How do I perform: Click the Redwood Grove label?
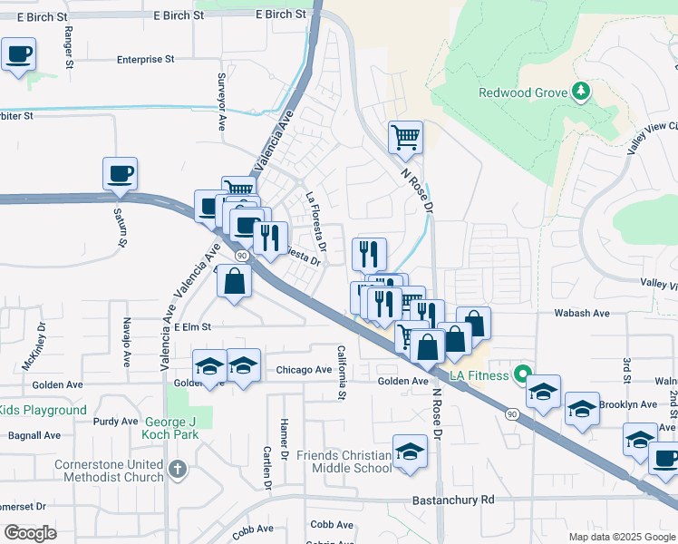522,92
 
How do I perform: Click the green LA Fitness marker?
522,373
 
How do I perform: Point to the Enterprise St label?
145,59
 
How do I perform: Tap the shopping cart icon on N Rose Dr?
405,138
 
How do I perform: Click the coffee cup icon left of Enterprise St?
19,54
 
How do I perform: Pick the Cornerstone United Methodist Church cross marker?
178,470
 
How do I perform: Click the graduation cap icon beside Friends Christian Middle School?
410,451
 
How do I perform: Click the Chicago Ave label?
304,370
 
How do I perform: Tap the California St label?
342,373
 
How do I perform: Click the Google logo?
30,533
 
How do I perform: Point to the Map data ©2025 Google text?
622,537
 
